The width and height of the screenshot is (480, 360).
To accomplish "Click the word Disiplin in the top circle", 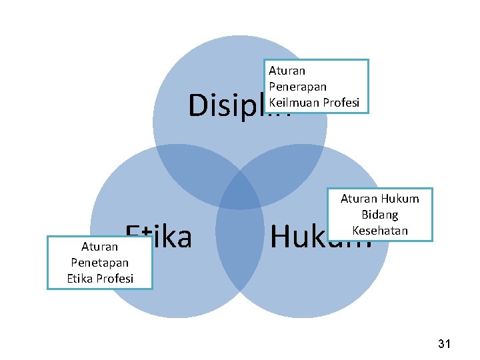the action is [x=227, y=105].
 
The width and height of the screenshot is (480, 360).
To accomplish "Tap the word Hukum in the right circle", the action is [x=300, y=237].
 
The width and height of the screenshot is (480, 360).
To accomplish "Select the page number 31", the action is [x=445, y=344].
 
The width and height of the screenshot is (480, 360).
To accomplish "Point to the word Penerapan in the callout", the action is [x=297, y=86].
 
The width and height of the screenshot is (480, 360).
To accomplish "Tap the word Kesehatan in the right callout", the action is [x=379, y=230].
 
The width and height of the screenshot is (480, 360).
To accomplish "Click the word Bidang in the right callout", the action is [x=379, y=215].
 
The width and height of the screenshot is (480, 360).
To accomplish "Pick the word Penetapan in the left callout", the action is [x=100, y=263].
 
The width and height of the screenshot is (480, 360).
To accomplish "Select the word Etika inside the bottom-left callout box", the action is [x=81, y=278].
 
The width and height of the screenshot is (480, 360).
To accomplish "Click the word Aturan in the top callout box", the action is [x=287, y=70].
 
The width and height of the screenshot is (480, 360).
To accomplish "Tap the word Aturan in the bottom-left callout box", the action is [x=100, y=247].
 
